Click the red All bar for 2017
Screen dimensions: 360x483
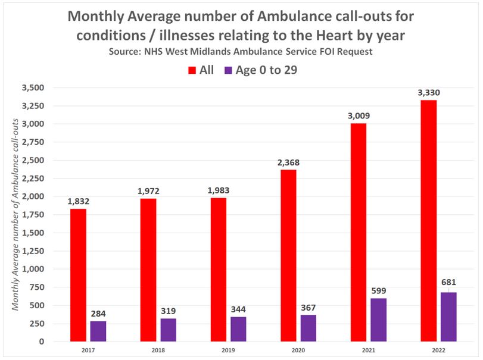pyautogui.click(x=78, y=275)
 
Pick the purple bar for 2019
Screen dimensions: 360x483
pyautogui.click(x=238, y=329)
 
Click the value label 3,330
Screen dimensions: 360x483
pyautogui.click(x=429, y=92)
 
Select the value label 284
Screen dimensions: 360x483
pyautogui.click(x=98, y=314)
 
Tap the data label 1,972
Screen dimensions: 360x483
pyautogui.click(x=148, y=190)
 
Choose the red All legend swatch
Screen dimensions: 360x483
pyautogui.click(x=192, y=70)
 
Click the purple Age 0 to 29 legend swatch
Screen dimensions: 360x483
pyautogui.click(x=228, y=70)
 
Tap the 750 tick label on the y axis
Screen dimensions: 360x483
pyautogui.click(x=37, y=287)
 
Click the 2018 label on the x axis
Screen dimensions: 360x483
pyautogui.click(x=158, y=351)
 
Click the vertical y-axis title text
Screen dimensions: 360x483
pyautogui.click(x=16, y=214)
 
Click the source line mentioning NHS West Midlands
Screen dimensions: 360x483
pyautogui.click(x=241, y=52)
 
